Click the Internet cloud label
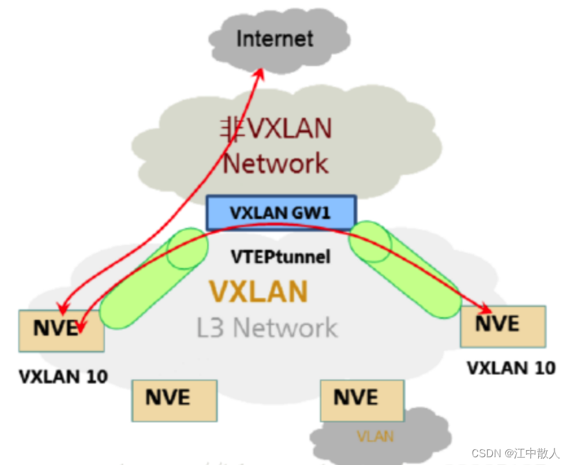[275, 38]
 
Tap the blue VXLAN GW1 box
[281, 212]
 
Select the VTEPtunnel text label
[280, 257]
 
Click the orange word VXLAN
[258, 292]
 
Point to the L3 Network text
[267, 328]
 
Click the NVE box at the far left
[61, 330]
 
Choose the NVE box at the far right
[503, 326]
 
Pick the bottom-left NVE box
[174, 400]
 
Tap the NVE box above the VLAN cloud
[361, 400]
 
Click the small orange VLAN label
[375, 437]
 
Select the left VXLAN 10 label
[63, 376]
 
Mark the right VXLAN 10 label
[511, 368]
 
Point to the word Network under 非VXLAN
[276, 163]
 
